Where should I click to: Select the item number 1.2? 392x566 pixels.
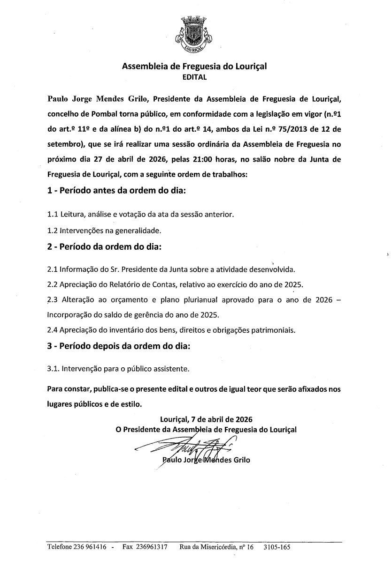pos(53,231)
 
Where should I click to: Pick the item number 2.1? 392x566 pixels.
pos(53,270)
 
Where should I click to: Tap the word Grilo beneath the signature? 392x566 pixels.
pos(241,460)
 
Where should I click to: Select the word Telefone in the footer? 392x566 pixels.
pos(60,547)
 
